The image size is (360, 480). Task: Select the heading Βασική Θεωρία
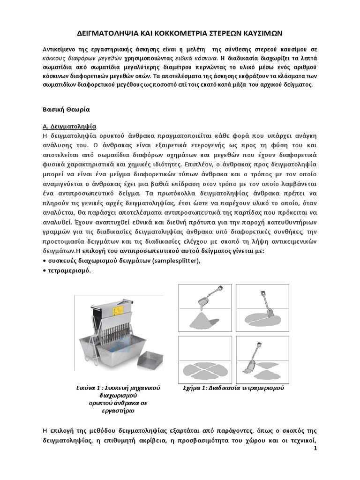[x=64, y=109]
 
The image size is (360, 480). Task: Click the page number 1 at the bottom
[x=315, y=449]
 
